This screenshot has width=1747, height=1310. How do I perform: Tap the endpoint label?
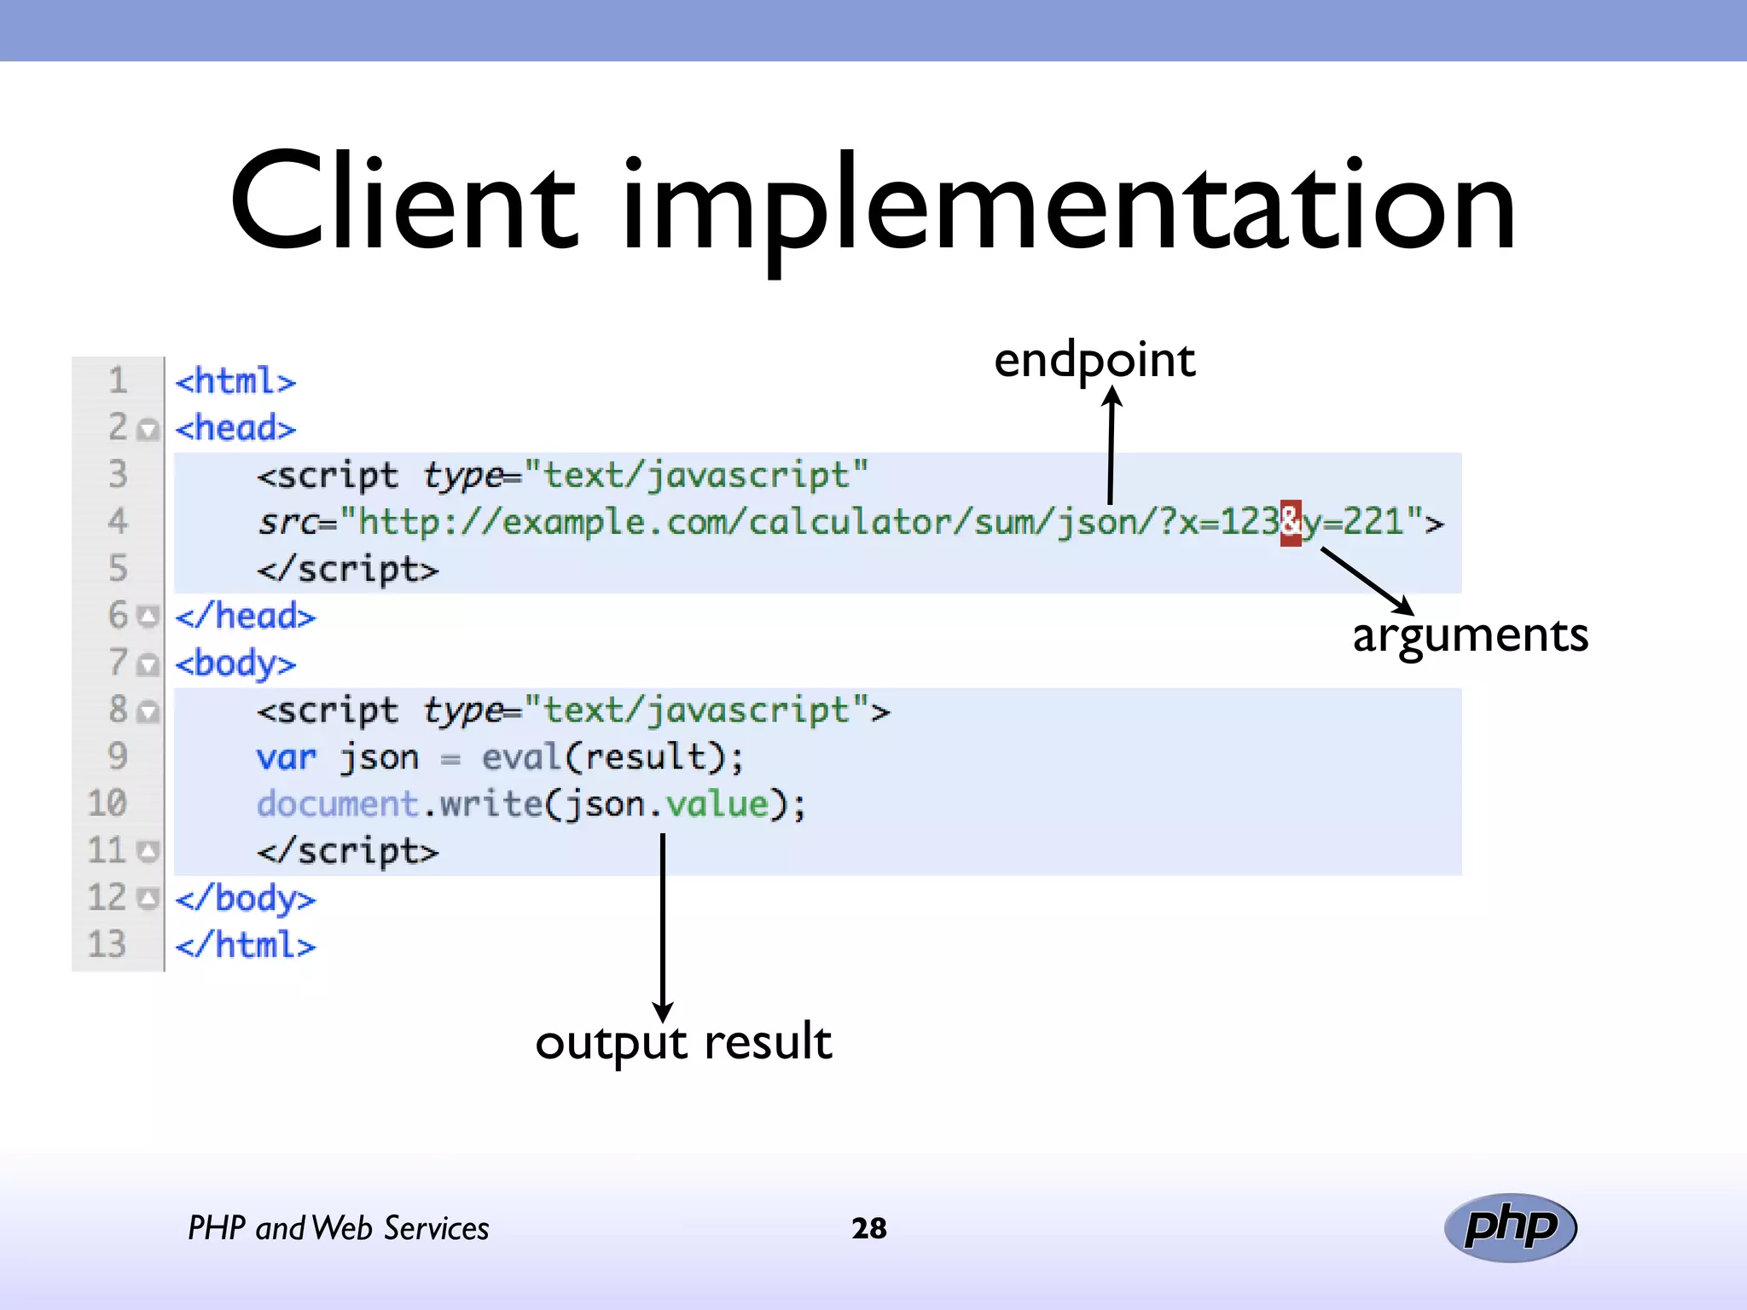(1094, 360)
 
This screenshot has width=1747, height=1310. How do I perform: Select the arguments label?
(1470, 635)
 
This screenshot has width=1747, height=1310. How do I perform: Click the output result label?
(683, 1041)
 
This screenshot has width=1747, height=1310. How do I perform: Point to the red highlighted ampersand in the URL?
(1291, 521)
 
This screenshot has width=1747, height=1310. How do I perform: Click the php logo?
(1510, 1227)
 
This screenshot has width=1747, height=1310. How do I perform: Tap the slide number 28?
(868, 1228)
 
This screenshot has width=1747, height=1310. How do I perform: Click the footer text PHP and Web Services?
(338, 1228)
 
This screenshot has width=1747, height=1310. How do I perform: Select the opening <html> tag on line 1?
(235, 381)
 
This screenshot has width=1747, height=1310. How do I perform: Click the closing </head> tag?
(245, 616)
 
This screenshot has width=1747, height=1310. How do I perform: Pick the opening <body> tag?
(235, 664)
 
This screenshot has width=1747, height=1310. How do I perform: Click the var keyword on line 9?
(286, 757)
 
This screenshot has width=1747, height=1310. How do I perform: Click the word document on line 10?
(337, 804)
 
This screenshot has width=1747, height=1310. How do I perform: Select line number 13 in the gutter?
(107, 944)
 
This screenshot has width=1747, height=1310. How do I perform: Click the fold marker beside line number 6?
(148, 616)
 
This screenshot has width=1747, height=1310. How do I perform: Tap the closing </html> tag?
(245, 945)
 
